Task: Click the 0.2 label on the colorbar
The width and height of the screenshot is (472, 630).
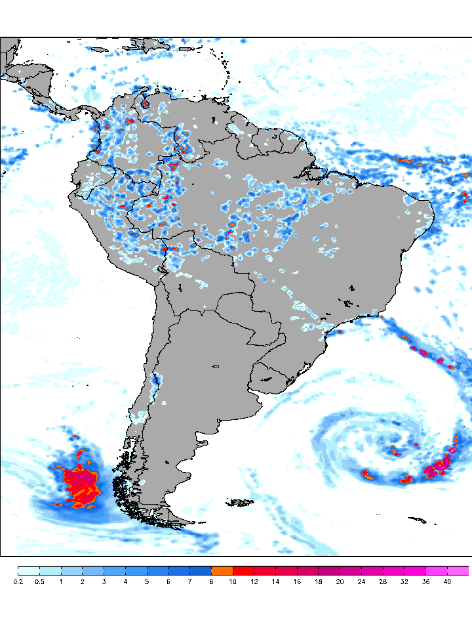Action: click(x=18, y=581)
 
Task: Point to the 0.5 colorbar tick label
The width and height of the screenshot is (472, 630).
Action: click(x=39, y=581)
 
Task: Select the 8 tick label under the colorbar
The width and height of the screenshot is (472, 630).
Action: click(x=211, y=581)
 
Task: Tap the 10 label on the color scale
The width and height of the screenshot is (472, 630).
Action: click(x=233, y=581)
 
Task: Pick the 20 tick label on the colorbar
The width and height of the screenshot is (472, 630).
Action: click(x=340, y=581)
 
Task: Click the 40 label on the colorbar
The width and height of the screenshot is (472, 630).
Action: click(x=447, y=581)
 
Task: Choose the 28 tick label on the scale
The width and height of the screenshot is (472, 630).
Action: click(x=383, y=581)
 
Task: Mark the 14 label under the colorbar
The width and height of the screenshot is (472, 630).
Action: click(x=275, y=581)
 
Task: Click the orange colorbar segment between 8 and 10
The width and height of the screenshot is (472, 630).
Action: click(x=222, y=570)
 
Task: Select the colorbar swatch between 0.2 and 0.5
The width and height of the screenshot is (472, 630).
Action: click(x=29, y=570)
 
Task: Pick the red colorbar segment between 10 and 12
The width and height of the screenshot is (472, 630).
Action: click(x=243, y=570)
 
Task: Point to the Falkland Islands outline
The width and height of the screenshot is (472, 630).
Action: click(x=241, y=503)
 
